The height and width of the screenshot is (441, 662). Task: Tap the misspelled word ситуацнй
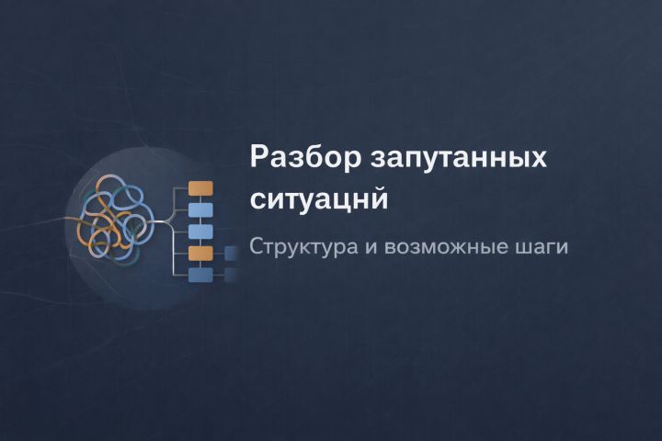(x=319, y=198)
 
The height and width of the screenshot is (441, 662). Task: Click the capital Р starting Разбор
(x=258, y=155)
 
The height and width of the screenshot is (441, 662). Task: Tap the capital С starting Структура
(x=257, y=247)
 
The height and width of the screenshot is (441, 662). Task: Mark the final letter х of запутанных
(x=539, y=158)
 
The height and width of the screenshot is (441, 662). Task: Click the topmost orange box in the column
(x=200, y=188)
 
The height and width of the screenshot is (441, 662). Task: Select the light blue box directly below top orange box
(x=200, y=209)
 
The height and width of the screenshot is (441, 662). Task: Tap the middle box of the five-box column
(x=200, y=231)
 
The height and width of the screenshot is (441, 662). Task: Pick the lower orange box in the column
(x=200, y=253)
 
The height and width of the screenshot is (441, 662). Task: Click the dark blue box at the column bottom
(x=200, y=275)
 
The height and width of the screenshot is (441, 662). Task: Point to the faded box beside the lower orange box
(x=231, y=253)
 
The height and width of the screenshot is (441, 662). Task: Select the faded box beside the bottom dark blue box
(x=231, y=275)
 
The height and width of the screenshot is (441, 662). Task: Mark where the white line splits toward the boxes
(x=174, y=221)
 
